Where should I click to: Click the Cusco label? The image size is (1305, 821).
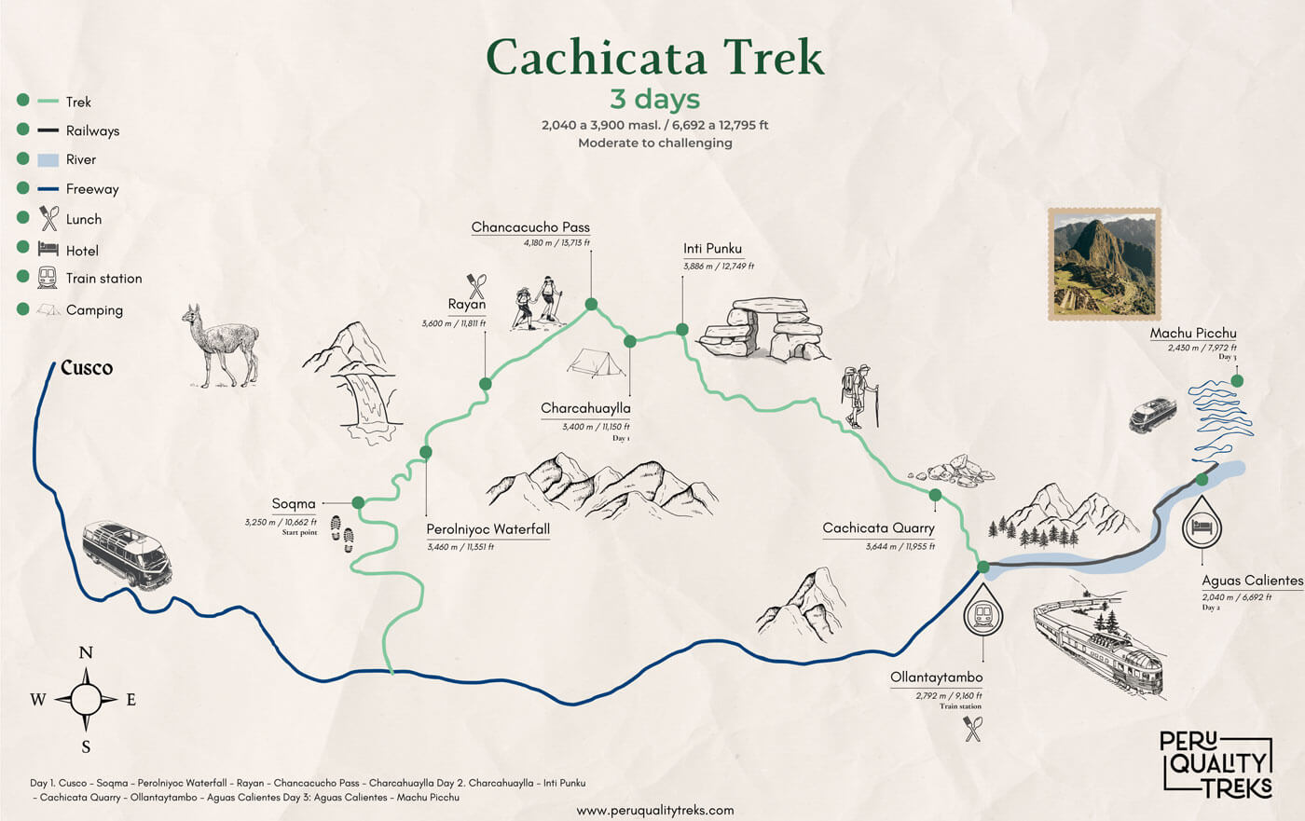(87, 368)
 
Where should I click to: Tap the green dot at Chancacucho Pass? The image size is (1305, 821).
(591, 304)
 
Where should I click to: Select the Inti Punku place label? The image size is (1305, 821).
(712, 249)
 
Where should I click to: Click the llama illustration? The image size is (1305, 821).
(220, 345)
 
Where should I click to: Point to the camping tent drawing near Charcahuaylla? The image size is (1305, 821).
(597, 363)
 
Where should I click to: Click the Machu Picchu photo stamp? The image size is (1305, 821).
(1105, 265)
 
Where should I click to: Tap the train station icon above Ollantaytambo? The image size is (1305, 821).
(982, 613)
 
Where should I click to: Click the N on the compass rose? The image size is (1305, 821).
(86, 652)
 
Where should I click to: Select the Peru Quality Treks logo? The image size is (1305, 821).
(1216, 764)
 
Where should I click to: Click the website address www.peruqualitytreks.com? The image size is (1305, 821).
(655, 810)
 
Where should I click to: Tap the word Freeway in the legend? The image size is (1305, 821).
(92, 189)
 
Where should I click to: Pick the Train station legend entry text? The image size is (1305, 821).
(103, 279)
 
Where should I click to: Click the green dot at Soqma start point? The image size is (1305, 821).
(358, 502)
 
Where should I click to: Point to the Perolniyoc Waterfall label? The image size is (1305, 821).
(488, 529)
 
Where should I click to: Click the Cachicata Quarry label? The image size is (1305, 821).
(878, 528)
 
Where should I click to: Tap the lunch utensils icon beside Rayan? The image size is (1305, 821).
(476, 284)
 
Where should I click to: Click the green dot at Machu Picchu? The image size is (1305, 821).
(1237, 380)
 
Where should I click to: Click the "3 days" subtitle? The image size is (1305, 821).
(654, 99)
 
